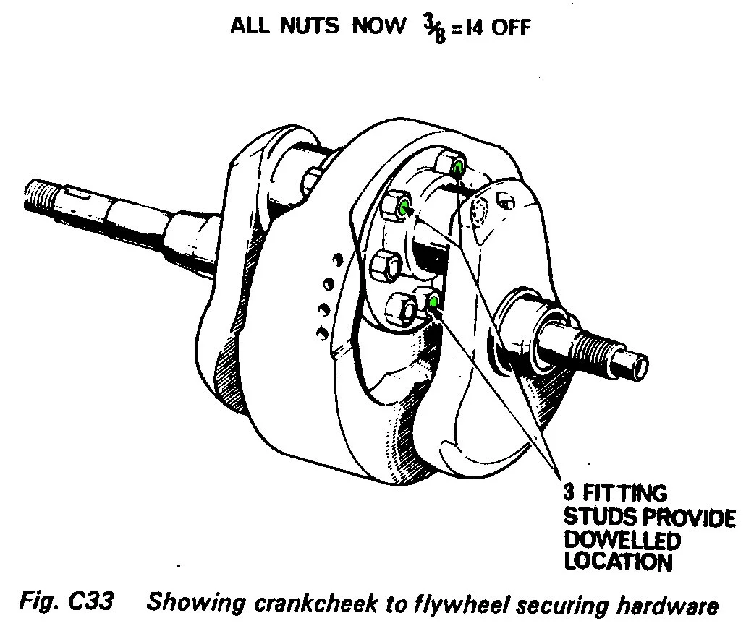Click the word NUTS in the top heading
309,25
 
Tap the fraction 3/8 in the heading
434,30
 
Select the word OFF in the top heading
511,27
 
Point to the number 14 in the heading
475,28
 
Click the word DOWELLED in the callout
622,540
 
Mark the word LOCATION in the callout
618,562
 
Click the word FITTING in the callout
624,493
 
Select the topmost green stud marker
458,167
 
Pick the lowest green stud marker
433,302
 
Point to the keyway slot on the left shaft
79,194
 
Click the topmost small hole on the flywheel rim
337,260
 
